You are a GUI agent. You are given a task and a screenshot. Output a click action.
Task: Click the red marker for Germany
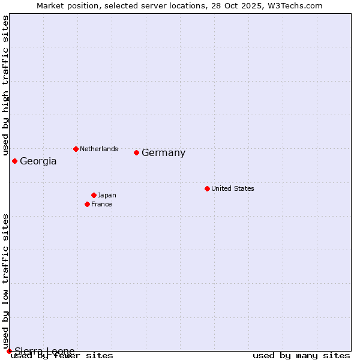tap(136, 152)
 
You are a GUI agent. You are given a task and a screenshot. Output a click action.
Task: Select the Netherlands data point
tap(76, 149)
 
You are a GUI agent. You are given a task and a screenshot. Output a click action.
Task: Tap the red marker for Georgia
tap(14, 161)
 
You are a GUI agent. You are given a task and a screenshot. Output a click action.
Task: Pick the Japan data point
tap(94, 195)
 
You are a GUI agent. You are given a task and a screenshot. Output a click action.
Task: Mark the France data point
tap(87, 204)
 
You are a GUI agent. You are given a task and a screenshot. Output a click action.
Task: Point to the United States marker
tap(207, 188)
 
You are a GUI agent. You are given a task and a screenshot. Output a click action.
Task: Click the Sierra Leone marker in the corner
tap(9, 351)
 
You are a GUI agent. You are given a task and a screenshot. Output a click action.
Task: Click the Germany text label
tap(163, 153)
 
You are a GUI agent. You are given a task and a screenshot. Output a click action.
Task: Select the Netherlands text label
tap(99, 149)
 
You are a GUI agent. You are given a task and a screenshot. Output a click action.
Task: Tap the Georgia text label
tap(38, 161)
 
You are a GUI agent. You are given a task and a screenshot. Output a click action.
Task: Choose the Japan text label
tap(107, 195)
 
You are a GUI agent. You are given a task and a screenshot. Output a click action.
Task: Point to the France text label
tap(101, 204)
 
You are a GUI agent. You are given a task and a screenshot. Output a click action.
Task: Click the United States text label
tap(233, 188)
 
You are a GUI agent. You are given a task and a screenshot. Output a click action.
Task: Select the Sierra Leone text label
tap(44, 351)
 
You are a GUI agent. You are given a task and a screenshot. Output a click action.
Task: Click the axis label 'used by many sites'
tap(301, 356)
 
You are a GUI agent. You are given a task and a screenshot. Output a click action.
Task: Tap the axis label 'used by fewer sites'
tap(62, 356)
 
